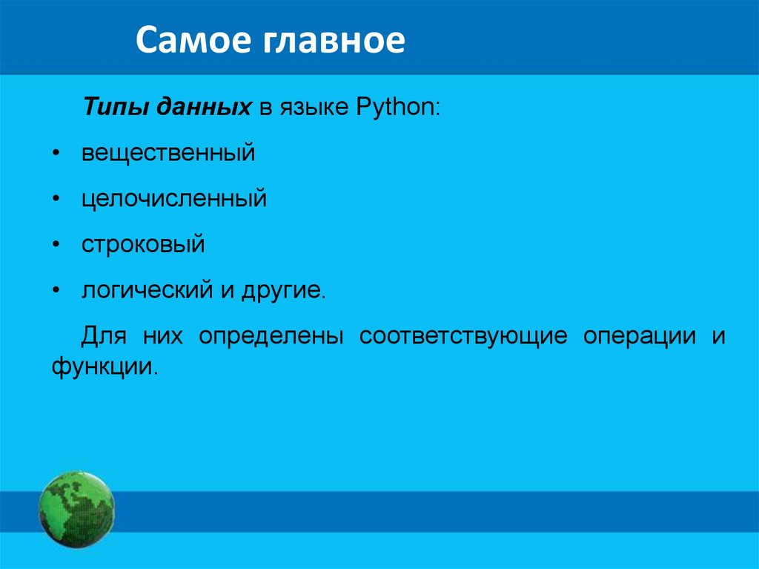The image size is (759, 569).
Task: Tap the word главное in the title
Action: [334, 40]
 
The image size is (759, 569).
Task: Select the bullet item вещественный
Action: [168, 153]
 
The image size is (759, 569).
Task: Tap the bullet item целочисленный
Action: [174, 198]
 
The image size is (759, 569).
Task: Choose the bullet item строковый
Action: [143, 244]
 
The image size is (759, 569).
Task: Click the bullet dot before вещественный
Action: [56, 154]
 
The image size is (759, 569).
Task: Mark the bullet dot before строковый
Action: [56, 245]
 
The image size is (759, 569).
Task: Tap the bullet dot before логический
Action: [56, 291]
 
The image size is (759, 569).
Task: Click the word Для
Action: [104, 336]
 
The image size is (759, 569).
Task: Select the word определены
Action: [271, 336]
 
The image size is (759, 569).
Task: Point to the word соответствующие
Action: [463, 336]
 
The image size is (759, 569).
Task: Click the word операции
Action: [640, 336]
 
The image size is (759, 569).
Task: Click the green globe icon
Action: [76, 510]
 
